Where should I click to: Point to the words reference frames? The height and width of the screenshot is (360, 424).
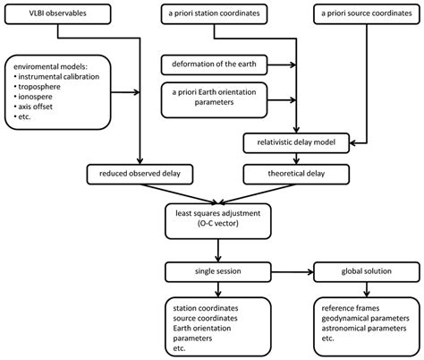tap(351, 307)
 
